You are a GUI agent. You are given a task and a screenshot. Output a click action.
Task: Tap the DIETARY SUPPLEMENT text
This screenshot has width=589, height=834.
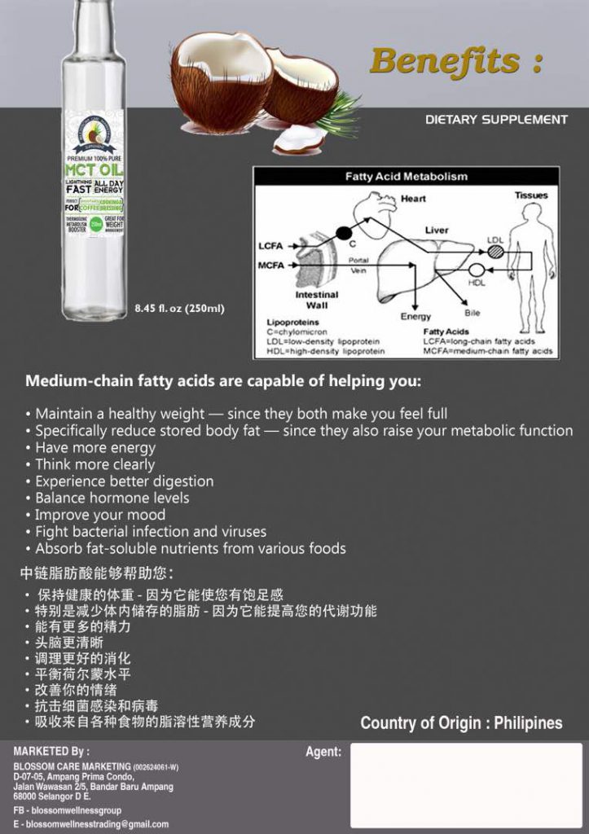pyautogui.click(x=496, y=120)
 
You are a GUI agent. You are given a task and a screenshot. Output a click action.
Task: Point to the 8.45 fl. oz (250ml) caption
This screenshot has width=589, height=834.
pyautogui.click(x=179, y=308)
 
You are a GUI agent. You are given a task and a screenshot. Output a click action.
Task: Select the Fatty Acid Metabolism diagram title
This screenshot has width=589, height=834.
pyautogui.click(x=407, y=176)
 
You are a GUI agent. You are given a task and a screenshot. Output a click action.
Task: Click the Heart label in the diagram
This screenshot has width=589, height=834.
pyautogui.click(x=413, y=199)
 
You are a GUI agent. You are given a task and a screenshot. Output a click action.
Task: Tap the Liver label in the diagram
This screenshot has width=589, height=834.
pyautogui.click(x=437, y=230)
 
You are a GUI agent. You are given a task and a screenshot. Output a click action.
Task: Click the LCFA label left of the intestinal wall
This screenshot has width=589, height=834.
pyautogui.click(x=270, y=246)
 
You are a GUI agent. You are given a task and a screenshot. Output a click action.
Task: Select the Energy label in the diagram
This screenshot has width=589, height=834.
pyautogui.click(x=415, y=316)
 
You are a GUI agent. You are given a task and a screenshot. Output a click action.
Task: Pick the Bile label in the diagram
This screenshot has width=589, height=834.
pyautogui.click(x=473, y=313)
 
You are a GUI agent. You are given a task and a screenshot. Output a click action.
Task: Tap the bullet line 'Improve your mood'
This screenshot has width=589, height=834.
pyautogui.click(x=100, y=515)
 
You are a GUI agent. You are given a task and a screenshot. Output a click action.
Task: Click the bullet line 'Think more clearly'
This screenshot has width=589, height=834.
pyautogui.click(x=95, y=464)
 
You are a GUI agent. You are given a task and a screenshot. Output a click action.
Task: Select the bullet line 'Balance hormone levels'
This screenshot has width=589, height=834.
pyautogui.click(x=112, y=498)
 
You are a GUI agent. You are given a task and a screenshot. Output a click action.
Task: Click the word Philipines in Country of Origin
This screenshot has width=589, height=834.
pyautogui.click(x=528, y=723)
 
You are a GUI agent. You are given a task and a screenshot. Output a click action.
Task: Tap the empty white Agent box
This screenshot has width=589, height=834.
pyautogui.click(x=466, y=785)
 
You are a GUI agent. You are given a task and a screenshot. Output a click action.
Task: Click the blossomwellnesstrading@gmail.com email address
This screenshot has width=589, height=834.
pyautogui.click(x=97, y=824)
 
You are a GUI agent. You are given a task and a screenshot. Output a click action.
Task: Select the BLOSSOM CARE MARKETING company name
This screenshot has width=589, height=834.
pyautogui.click(x=73, y=766)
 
